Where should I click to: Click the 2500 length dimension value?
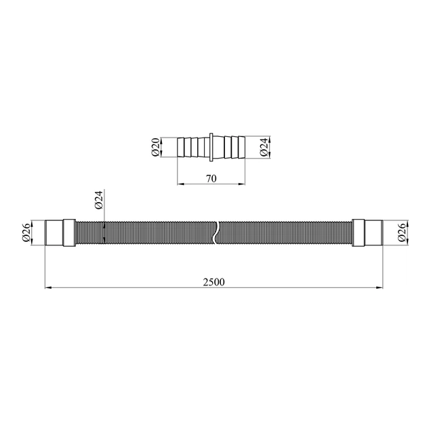click(213, 282)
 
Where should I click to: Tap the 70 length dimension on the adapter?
click(211, 179)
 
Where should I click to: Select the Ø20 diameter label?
click(155, 147)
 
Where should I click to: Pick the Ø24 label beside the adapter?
click(264, 147)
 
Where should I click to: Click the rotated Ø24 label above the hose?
click(99, 200)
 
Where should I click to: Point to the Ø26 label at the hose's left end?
click(26, 232)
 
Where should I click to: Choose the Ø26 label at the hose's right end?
click(402, 232)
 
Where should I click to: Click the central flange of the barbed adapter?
click(211, 147)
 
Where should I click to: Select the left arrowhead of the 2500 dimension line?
click(48, 287)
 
